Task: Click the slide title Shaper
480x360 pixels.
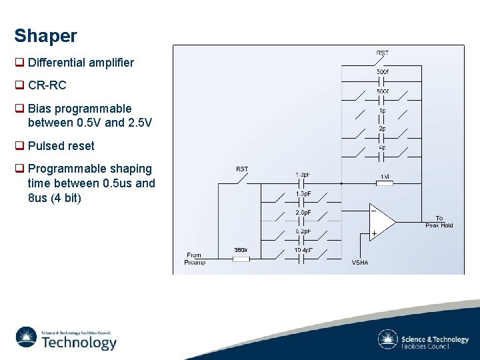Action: point(45,36)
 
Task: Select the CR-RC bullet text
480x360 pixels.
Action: point(47,85)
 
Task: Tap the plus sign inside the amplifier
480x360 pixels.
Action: point(374,233)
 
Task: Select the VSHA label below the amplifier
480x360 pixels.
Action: point(360,263)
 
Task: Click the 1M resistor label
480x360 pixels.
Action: point(385,177)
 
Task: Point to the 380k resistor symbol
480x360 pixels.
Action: point(241,259)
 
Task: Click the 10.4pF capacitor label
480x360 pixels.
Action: point(303,250)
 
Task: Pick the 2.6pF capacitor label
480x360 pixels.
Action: point(303,213)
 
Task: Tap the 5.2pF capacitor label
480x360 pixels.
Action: point(303,231)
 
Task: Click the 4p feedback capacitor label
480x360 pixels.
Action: point(382,147)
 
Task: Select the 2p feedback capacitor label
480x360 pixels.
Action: point(382,129)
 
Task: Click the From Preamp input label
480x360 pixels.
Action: point(195,259)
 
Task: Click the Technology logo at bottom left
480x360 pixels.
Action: point(66,338)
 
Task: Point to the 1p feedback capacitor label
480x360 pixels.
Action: point(382,110)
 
